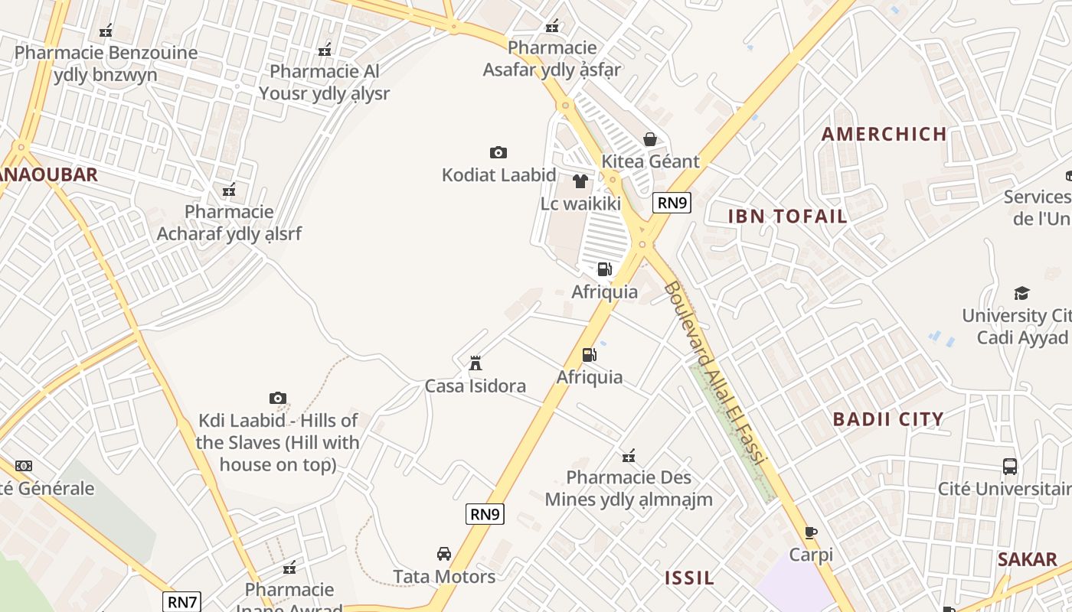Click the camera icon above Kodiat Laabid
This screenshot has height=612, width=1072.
click(x=498, y=153)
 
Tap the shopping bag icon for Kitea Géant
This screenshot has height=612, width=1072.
click(x=650, y=139)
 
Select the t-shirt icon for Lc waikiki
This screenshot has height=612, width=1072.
click(x=580, y=181)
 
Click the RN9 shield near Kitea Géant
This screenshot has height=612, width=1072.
click(x=672, y=203)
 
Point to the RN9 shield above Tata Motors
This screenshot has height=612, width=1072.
click(x=485, y=514)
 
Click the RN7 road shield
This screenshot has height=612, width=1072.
click(x=182, y=601)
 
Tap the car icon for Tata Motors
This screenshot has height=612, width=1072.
click(x=443, y=553)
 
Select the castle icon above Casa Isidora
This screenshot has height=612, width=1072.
click(x=476, y=363)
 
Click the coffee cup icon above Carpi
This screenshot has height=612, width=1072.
click(x=811, y=532)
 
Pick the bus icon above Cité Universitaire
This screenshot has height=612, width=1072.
click(x=1010, y=466)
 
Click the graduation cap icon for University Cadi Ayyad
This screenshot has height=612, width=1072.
click(x=1021, y=293)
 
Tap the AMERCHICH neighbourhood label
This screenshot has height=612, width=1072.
click(x=884, y=135)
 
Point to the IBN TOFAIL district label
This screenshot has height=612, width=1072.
click(x=787, y=216)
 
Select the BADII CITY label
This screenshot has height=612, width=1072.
click(x=888, y=419)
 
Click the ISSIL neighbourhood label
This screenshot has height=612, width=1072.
click(x=689, y=578)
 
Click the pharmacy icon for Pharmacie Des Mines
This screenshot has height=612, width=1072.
click(x=629, y=456)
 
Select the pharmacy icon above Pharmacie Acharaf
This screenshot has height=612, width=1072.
click(x=228, y=190)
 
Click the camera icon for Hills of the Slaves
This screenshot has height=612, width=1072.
click(x=278, y=398)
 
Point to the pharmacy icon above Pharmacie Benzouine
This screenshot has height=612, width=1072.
click(x=106, y=31)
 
